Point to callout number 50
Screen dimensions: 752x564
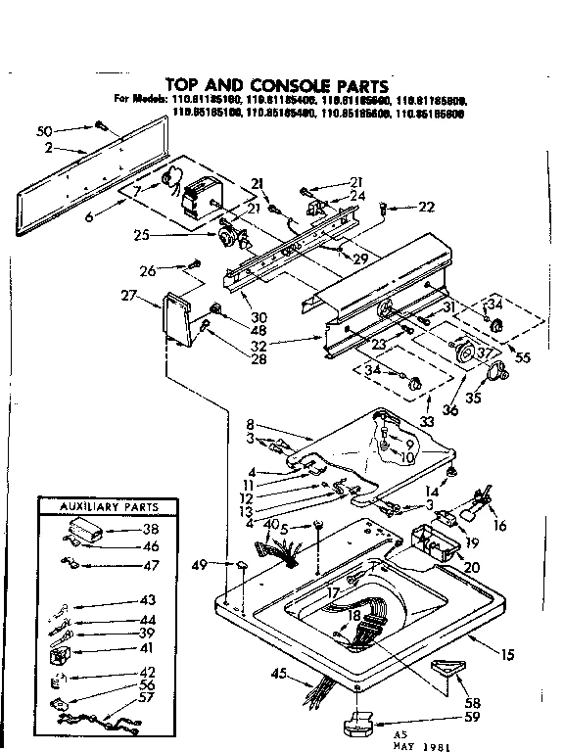pyautogui.click(x=44, y=130)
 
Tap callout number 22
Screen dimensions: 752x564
pyautogui.click(x=425, y=206)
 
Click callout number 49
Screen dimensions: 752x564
pyautogui.click(x=202, y=565)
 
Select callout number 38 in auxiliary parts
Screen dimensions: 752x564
pyautogui.click(x=151, y=530)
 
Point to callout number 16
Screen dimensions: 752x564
pyautogui.click(x=502, y=526)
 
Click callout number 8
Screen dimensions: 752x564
pyautogui.click(x=251, y=424)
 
